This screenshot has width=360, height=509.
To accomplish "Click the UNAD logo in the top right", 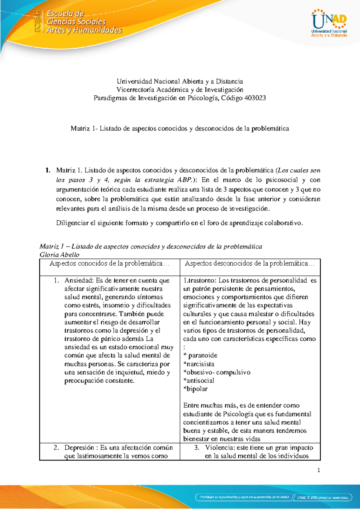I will coord(329,23).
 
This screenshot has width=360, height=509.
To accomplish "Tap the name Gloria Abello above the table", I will coord(59,255).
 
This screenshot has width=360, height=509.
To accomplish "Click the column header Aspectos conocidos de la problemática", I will coord(109,264).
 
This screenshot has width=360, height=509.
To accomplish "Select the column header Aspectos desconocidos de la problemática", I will coord(249,264).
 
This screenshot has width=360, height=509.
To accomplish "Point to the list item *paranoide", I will coord(200,355).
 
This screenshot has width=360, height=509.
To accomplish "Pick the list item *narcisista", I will coord(199,364).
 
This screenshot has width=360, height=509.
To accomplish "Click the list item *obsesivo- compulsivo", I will coord(217,372).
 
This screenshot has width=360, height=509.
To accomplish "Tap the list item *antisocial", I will coord(199,381).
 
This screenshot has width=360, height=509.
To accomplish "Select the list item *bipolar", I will coord(196,389).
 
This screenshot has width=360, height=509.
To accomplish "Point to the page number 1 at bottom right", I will coord(319,470).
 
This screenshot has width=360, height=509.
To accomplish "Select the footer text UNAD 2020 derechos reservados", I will coord(323,497).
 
